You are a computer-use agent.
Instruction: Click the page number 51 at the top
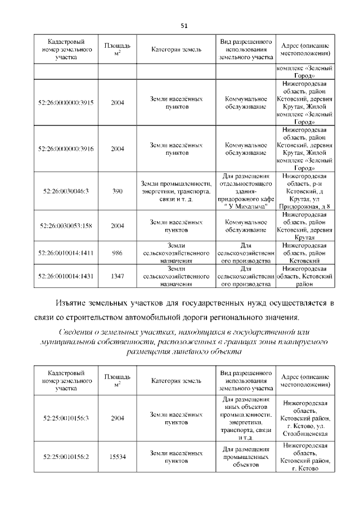183,26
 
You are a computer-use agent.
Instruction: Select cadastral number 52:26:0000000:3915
66,103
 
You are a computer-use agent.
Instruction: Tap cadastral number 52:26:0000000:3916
66,148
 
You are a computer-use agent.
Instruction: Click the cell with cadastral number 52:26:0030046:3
66,191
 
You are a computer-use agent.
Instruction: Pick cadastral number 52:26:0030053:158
66,226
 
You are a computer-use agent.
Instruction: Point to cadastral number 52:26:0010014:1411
66,253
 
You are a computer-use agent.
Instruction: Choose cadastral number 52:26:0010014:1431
66,276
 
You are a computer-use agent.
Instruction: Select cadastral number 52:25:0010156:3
66,418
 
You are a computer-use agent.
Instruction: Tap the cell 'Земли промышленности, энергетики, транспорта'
177,191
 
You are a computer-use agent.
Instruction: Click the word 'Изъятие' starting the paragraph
77,304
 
